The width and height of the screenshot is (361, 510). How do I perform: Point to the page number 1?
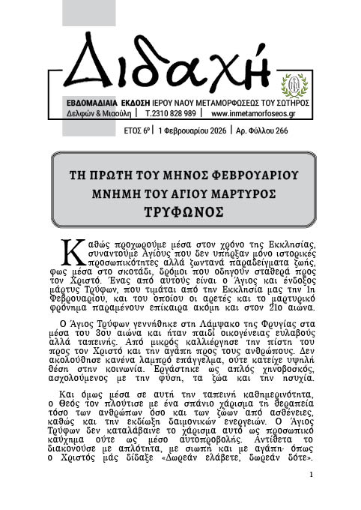311,475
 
